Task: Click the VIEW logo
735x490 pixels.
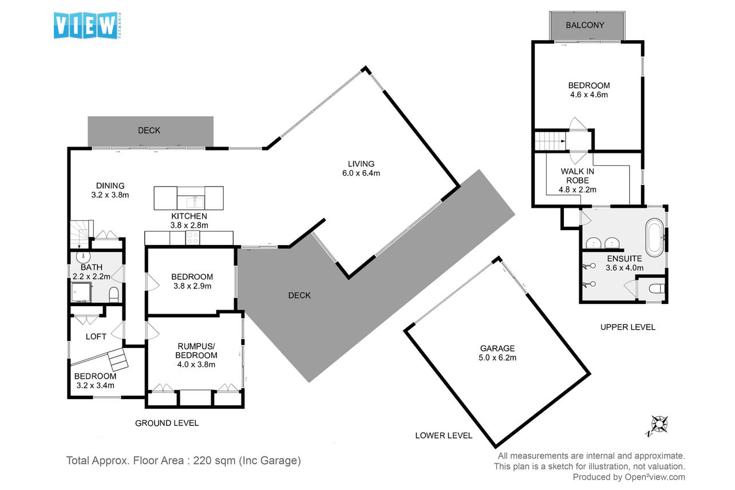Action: (88, 25)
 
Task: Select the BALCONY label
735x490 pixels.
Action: (585, 25)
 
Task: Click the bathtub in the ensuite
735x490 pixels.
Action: (655, 238)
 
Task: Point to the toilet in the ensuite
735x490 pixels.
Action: (657, 289)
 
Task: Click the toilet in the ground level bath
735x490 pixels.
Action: (113, 294)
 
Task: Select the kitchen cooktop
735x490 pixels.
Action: (192, 238)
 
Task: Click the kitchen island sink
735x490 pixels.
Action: (194, 202)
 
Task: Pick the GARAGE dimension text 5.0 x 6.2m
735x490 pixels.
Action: (497, 357)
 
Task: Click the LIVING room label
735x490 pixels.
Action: (361, 164)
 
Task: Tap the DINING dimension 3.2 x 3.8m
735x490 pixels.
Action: (110, 195)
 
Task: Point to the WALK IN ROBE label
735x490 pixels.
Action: (578, 176)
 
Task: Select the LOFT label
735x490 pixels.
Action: (96, 337)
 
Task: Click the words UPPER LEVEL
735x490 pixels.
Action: (628, 327)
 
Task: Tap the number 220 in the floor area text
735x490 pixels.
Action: (202, 460)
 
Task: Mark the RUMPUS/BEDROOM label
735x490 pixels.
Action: (196, 350)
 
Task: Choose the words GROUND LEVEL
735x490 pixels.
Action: (167, 423)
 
